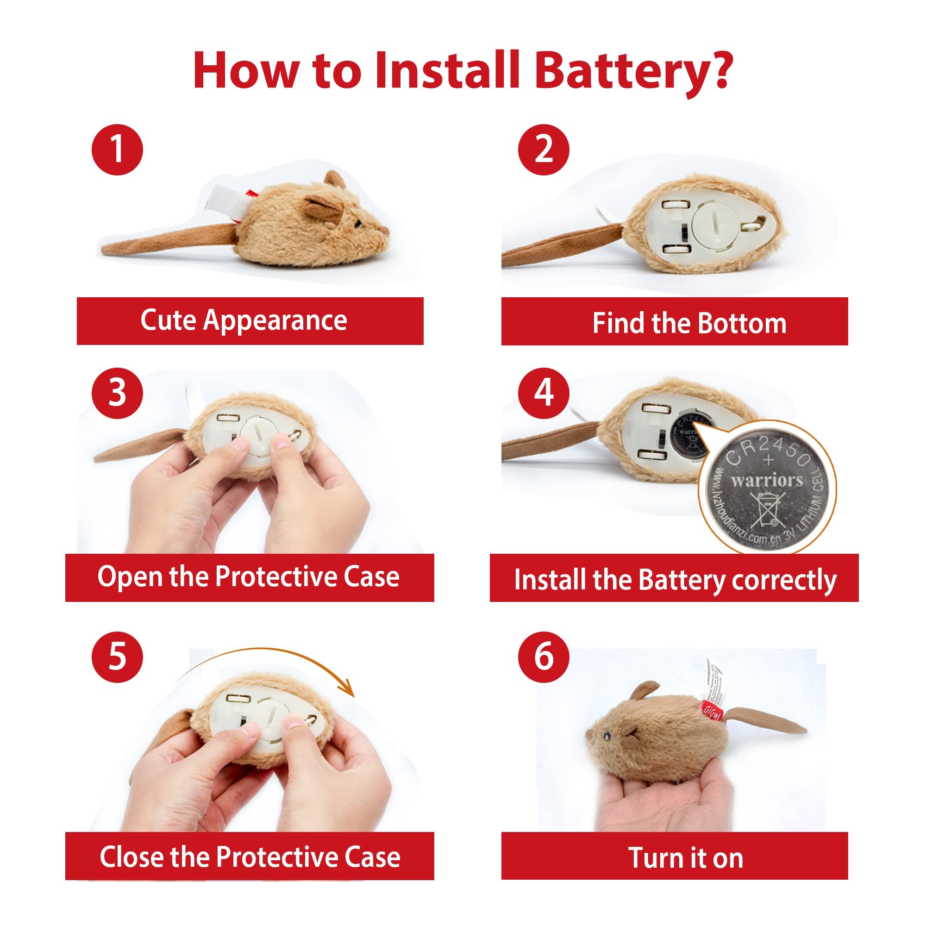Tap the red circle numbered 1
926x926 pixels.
tap(118, 150)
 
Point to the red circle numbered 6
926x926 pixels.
tap(544, 657)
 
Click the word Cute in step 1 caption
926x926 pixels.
tap(168, 320)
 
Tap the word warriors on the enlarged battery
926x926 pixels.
tap(766, 480)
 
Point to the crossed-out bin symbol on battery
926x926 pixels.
tap(767, 509)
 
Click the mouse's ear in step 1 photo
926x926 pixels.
tap(324, 207)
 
